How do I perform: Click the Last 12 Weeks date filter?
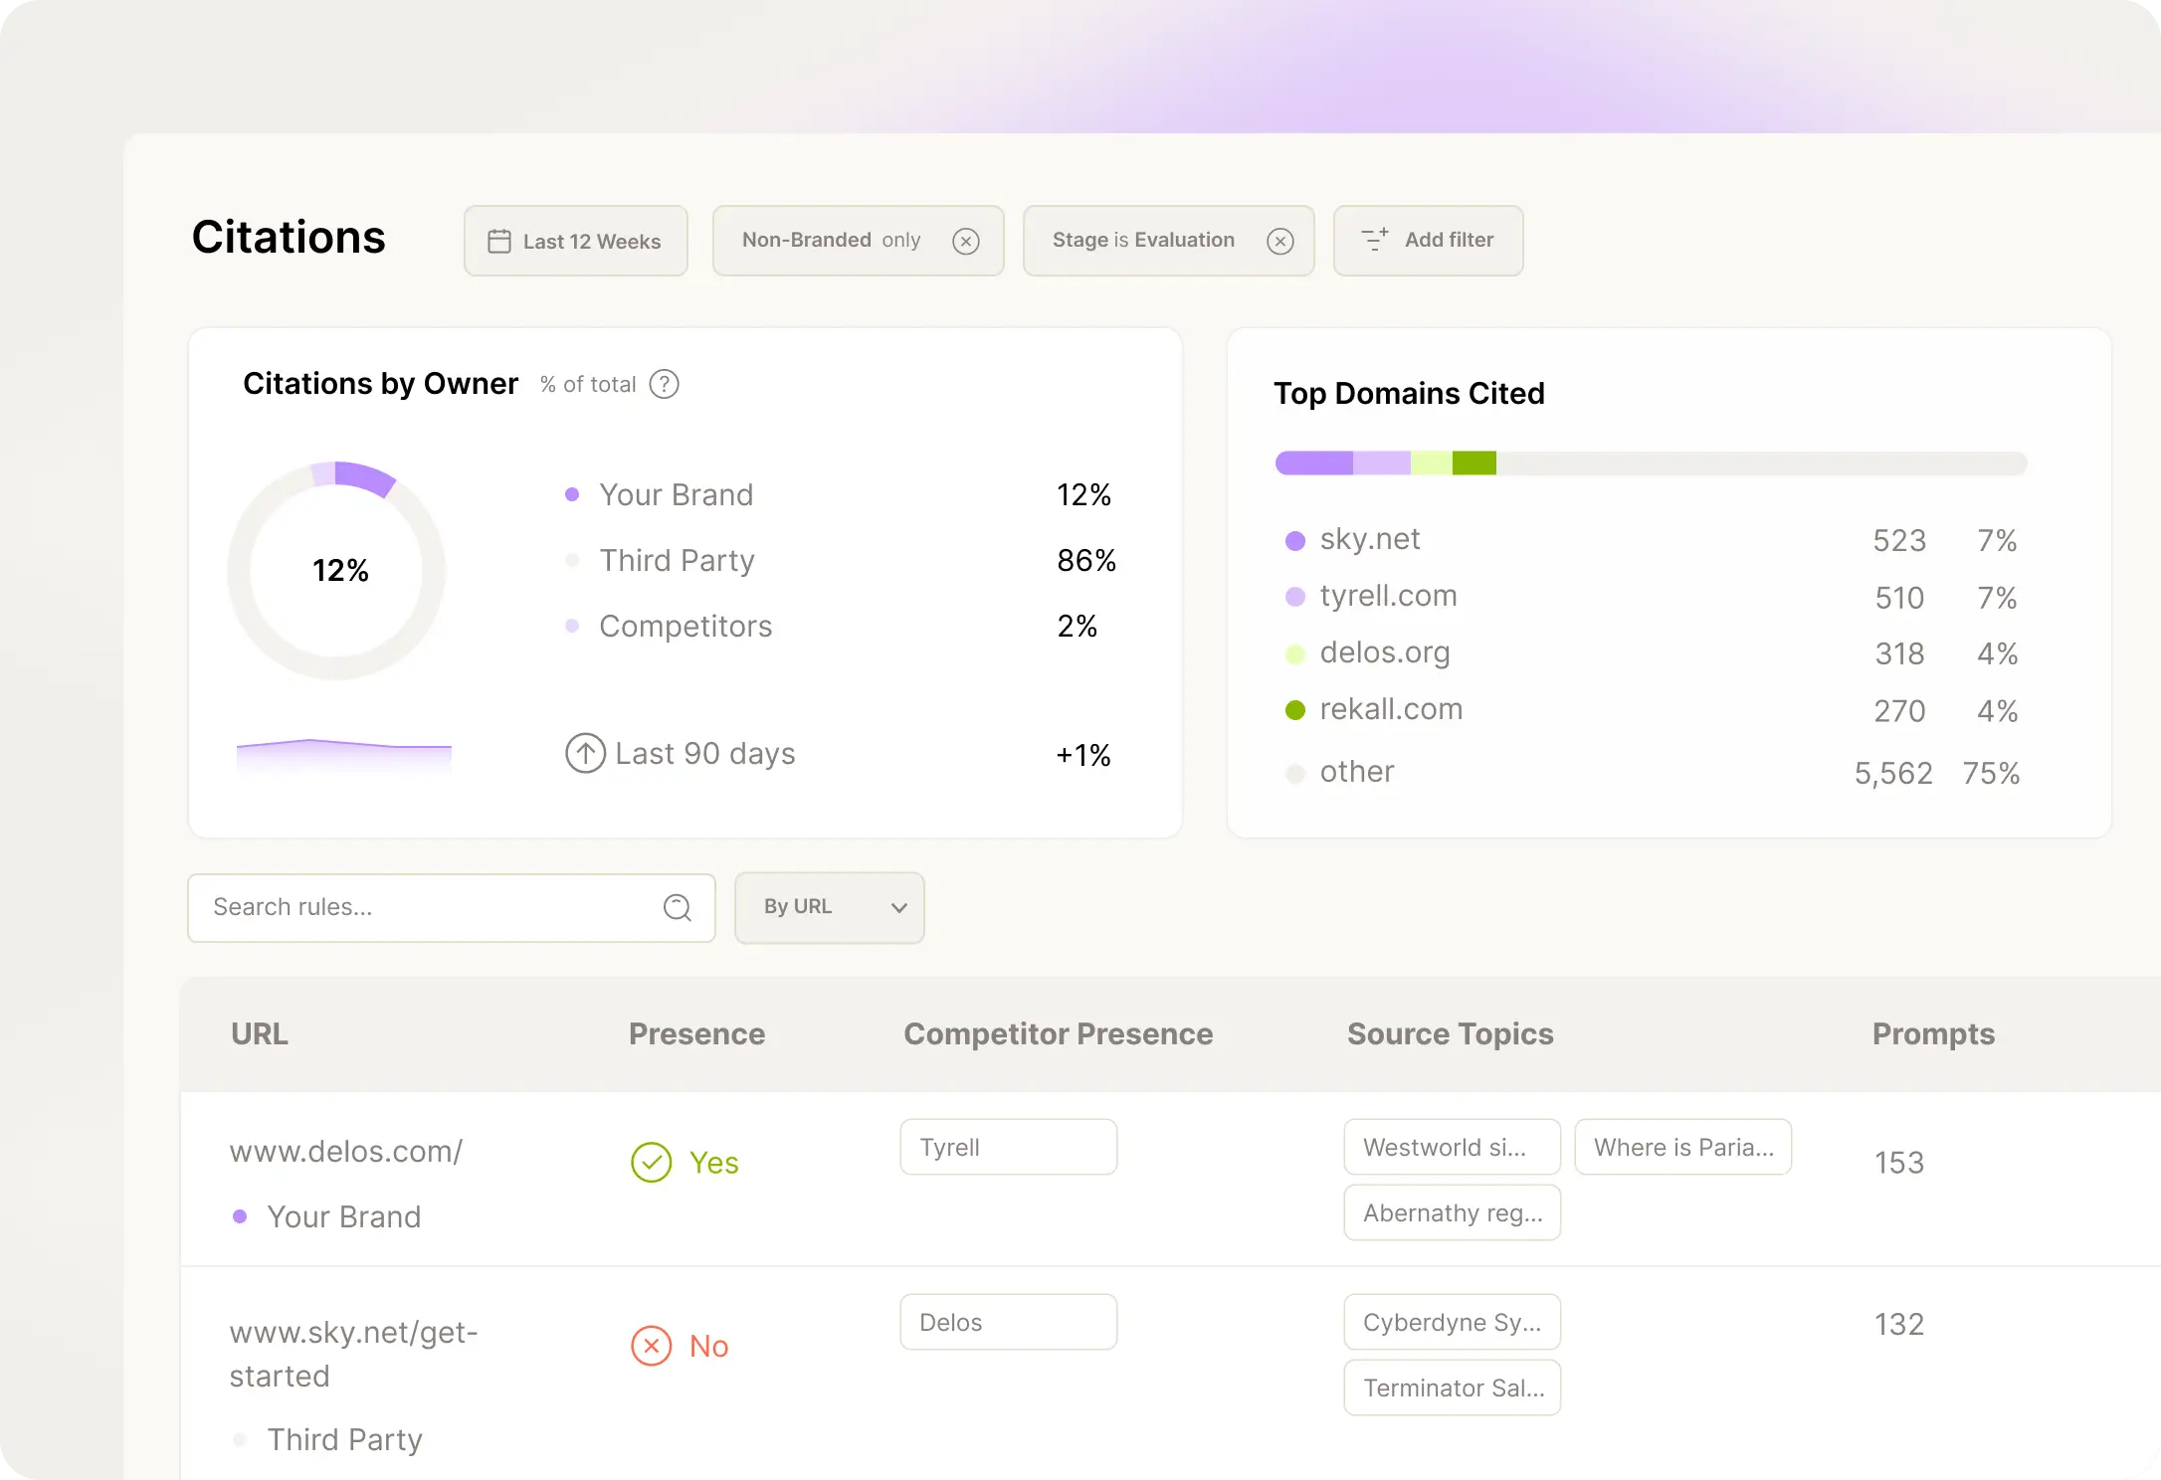[x=575, y=241]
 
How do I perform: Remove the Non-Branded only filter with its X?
[x=965, y=241]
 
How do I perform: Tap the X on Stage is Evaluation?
[x=1279, y=241]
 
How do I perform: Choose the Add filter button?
[x=1428, y=241]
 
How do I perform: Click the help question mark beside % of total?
[x=664, y=384]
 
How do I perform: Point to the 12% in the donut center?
[x=340, y=571]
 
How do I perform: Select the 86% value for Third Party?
[x=1085, y=561]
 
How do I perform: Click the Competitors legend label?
[x=685, y=627]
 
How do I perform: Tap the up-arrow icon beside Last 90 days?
[x=585, y=753]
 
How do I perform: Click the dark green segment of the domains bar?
[x=1473, y=463]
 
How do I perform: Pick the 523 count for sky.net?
[x=1898, y=541]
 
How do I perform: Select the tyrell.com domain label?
[x=1388, y=596]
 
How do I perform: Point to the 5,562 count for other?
[x=1892, y=773]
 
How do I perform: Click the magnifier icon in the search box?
[x=677, y=907]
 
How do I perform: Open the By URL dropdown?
[x=829, y=907]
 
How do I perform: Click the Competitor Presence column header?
[x=1058, y=1034]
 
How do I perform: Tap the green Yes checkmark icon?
[x=652, y=1162]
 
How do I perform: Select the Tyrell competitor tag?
[x=1008, y=1148]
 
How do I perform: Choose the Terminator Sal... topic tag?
[x=1452, y=1387]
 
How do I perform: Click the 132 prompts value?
[x=1898, y=1325]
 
